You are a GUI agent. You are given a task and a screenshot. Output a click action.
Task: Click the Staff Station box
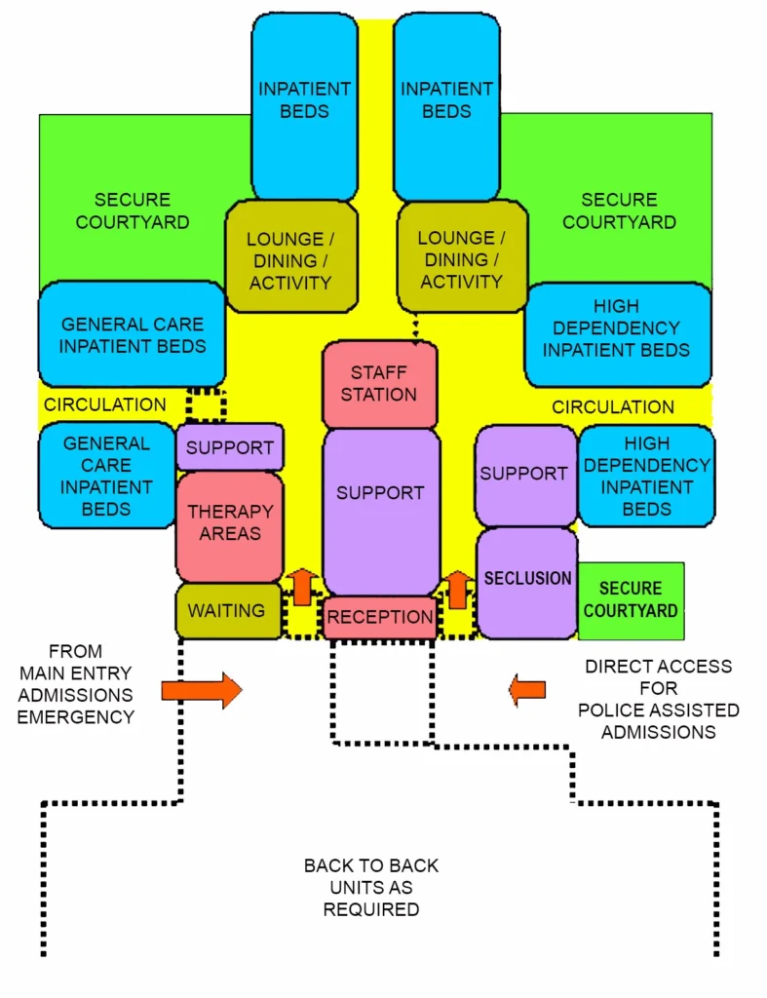tap(379, 383)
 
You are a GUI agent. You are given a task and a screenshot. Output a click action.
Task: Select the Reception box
tap(379, 617)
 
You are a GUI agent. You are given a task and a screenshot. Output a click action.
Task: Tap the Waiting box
tap(227, 611)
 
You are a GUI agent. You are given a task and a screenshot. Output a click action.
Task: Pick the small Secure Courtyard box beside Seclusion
tap(631, 600)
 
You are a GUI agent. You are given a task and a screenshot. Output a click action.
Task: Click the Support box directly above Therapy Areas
tap(230, 448)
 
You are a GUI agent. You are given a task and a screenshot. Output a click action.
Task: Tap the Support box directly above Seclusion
tap(524, 474)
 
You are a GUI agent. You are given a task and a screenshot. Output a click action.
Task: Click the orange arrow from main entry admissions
tap(201, 690)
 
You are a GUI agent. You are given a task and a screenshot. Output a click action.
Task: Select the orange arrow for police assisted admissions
tap(527, 690)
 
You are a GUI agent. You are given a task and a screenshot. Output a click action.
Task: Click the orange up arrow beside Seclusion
tap(456, 588)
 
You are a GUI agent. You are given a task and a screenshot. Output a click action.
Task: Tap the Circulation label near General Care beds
tap(104, 404)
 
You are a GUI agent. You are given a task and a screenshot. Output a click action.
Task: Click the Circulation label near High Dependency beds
tap(613, 407)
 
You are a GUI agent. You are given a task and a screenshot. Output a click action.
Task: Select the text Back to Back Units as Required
tap(371, 887)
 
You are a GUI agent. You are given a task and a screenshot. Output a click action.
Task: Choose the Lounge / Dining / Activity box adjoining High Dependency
tap(461, 259)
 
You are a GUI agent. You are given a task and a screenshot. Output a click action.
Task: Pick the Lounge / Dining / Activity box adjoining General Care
tap(289, 259)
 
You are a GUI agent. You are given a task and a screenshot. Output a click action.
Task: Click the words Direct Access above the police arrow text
tap(658, 667)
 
